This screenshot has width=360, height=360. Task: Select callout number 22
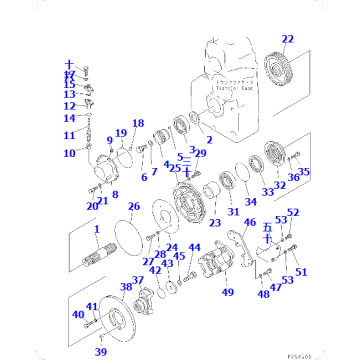[x=288, y=39]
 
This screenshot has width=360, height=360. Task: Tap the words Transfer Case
[x=237, y=88]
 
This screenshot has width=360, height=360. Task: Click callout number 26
[x=133, y=207]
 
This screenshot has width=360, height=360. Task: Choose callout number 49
[x=228, y=292]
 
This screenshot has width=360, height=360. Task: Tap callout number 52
[x=293, y=212]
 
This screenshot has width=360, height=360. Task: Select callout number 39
[x=100, y=352]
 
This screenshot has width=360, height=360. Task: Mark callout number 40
[x=78, y=314]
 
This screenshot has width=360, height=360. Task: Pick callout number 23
[x=214, y=222]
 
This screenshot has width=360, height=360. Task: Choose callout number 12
[x=70, y=105]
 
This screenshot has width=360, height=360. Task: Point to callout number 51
[x=302, y=270]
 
